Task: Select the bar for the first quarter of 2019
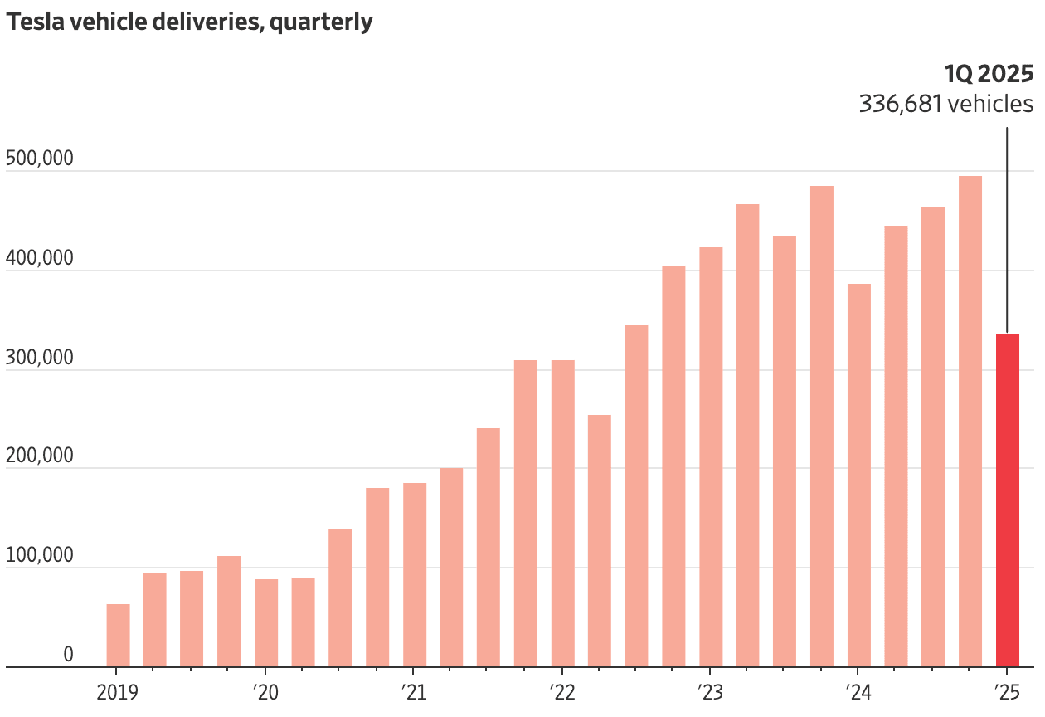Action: click(118, 635)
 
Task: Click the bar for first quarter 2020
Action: click(266, 622)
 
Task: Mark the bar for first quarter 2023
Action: click(711, 456)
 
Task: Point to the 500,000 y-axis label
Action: click(39, 158)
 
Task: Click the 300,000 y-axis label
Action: click(39, 357)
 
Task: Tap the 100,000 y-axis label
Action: click(39, 555)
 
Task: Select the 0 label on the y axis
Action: click(68, 655)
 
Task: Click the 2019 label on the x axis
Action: click(118, 691)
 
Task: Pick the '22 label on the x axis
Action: click(561, 691)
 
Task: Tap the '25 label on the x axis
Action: click(1006, 691)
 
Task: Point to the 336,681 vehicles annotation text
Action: click(945, 105)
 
